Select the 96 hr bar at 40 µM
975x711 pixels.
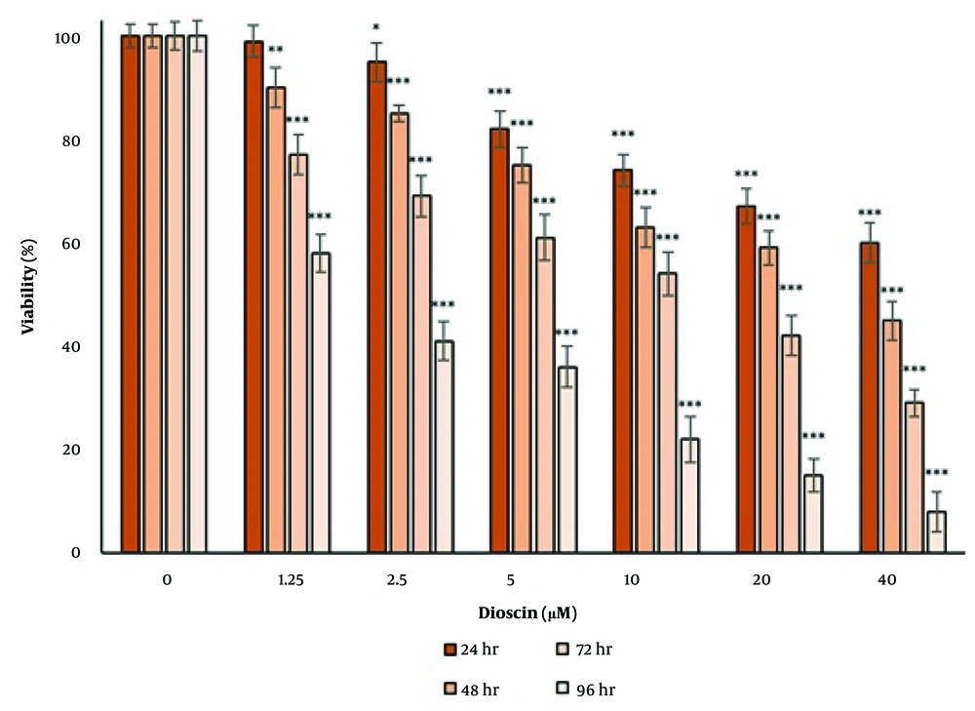(x=936, y=532)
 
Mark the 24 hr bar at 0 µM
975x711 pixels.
(x=130, y=294)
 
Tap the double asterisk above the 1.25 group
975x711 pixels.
(x=276, y=51)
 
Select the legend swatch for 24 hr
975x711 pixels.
(x=450, y=649)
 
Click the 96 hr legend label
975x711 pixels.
(x=597, y=690)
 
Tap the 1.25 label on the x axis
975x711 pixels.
(x=290, y=580)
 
